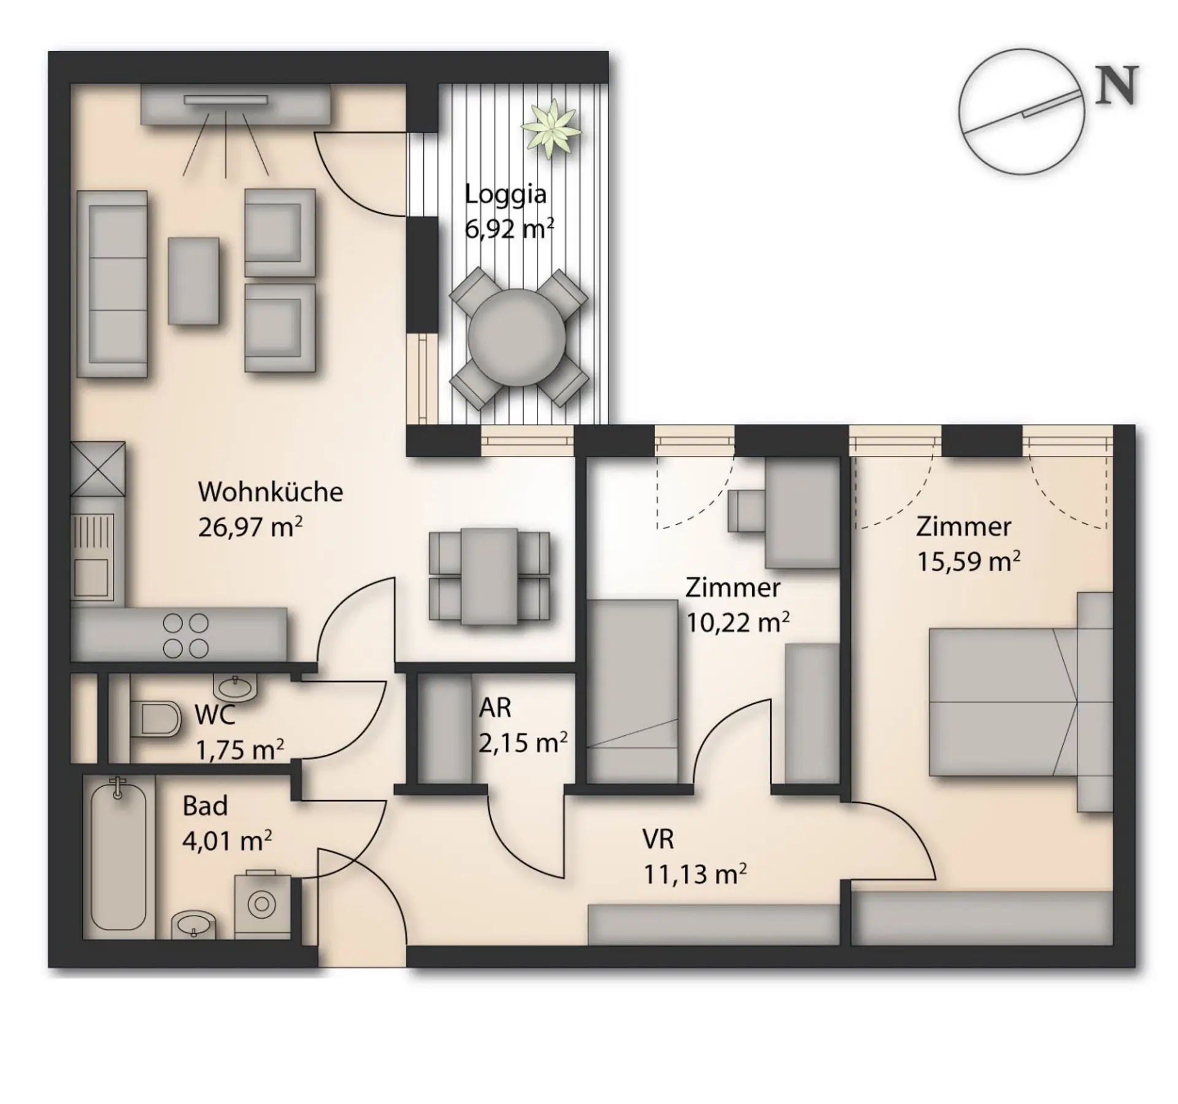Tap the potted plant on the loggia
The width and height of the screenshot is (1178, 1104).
click(x=550, y=128)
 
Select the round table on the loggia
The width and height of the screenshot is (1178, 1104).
click(x=517, y=337)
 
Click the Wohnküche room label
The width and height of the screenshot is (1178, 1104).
click(x=270, y=492)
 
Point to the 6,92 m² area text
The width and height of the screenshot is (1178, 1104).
click(x=509, y=229)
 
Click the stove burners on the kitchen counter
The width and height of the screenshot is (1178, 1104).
click(x=185, y=635)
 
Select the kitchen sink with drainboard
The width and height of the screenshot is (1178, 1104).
click(x=93, y=556)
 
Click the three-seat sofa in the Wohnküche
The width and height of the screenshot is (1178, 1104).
click(x=112, y=284)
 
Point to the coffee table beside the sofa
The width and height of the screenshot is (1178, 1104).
click(x=193, y=280)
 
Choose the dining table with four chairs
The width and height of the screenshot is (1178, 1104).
click(x=489, y=576)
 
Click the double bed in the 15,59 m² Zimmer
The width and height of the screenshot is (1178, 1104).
click(x=1003, y=701)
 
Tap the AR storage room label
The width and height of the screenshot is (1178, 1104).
click(x=495, y=708)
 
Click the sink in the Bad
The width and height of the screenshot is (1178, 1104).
click(x=193, y=924)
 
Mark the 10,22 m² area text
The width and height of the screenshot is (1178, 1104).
click(x=737, y=622)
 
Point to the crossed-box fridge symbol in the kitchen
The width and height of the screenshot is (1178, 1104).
click(x=98, y=469)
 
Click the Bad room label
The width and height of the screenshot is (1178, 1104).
click(x=205, y=806)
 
